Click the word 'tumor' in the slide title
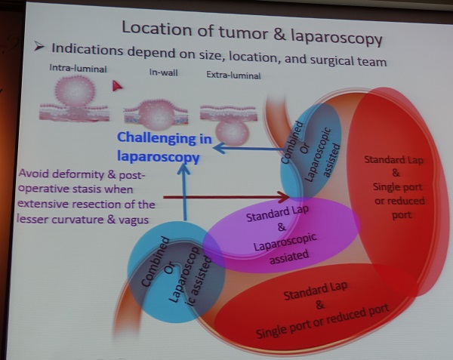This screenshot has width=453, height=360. click(x=243, y=32)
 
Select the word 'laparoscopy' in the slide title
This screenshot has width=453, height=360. click(x=337, y=38)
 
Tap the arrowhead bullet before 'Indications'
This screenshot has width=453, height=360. click(x=39, y=46)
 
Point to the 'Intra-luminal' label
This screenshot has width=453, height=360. click(x=78, y=69)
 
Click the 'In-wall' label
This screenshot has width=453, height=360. click(x=163, y=72)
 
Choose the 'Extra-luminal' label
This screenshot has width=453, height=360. click(x=233, y=75)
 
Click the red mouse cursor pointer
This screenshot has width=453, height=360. click(x=117, y=86)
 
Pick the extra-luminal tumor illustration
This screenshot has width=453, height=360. click(x=229, y=124)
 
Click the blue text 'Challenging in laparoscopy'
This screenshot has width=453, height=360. click(x=164, y=147)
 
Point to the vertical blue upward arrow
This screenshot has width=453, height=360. click(x=184, y=192)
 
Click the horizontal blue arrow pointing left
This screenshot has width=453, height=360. click(x=248, y=149)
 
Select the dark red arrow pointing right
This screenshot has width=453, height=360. click(x=226, y=197)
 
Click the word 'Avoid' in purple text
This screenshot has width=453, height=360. click(x=34, y=174)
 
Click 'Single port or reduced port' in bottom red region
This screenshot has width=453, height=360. click(x=322, y=321)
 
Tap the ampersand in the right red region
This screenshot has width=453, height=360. click(x=396, y=173)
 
